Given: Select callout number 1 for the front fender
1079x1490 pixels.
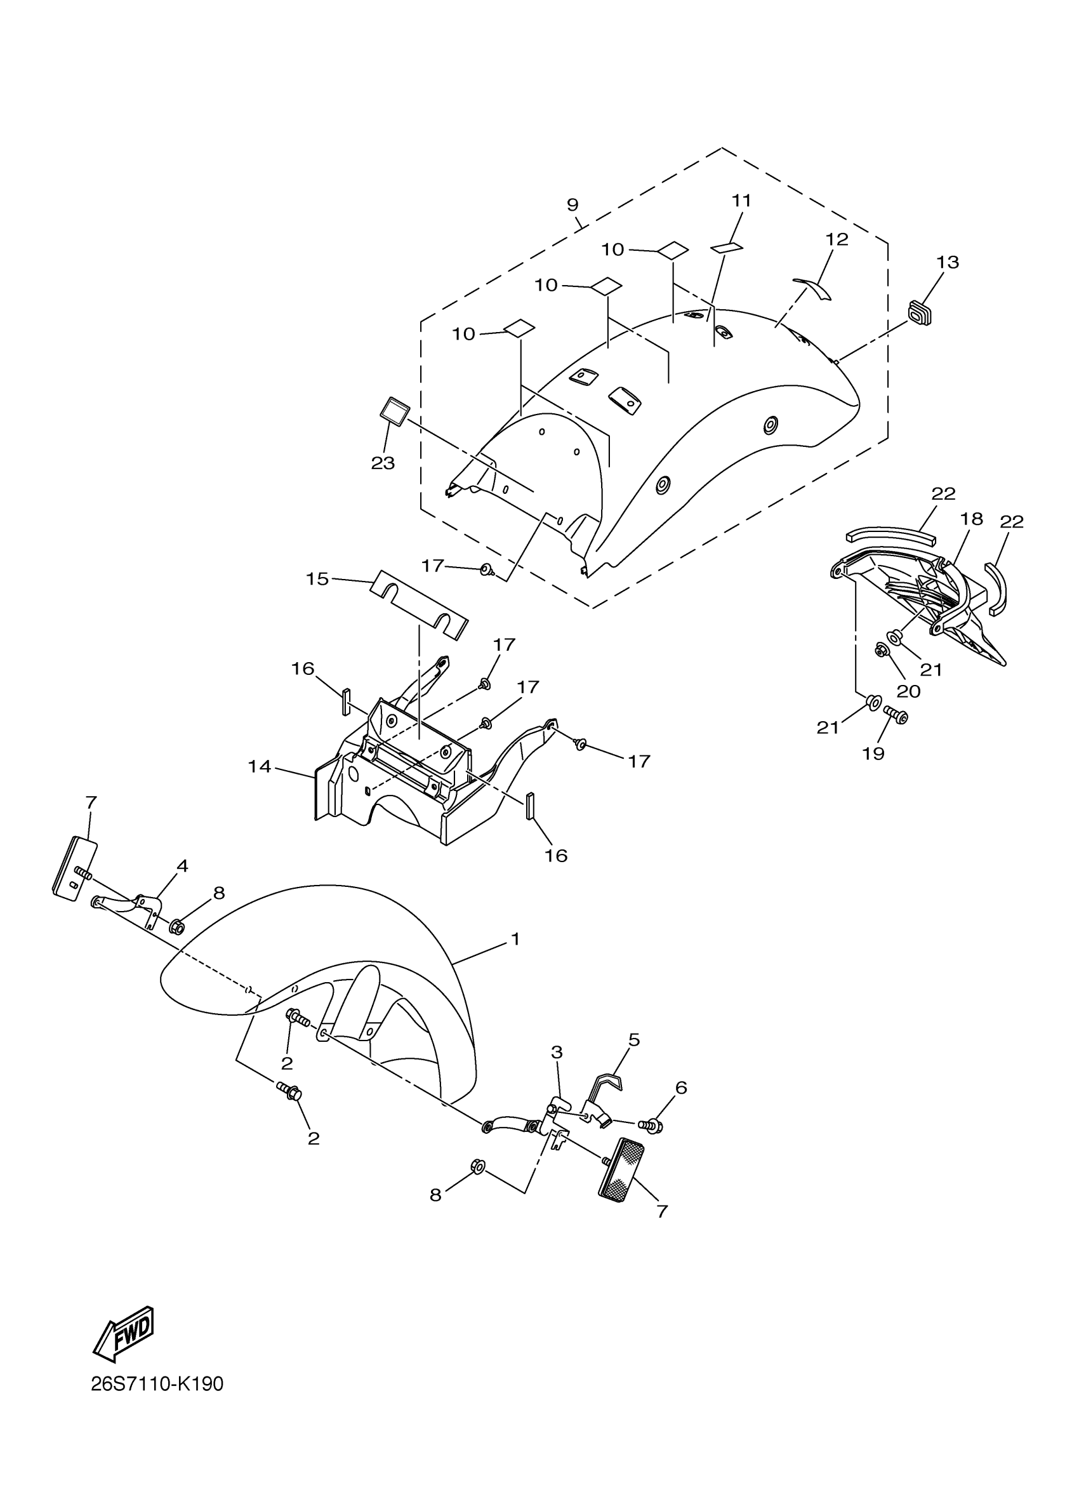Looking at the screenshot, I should click(x=515, y=940).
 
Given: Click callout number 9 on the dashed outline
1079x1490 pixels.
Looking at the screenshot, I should click(x=573, y=205).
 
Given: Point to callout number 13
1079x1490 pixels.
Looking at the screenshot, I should click(x=948, y=262).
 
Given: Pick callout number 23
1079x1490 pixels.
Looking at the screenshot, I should click(x=383, y=463).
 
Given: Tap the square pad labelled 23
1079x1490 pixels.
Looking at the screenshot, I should click(x=395, y=412).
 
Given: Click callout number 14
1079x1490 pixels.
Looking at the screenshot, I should click(x=260, y=766).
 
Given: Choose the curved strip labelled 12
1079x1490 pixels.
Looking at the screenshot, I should click(x=813, y=286).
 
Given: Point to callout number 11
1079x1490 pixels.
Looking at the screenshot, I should click(x=741, y=201).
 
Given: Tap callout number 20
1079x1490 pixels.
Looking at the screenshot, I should click(x=909, y=691).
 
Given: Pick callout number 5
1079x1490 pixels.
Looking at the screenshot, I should click(x=633, y=1040).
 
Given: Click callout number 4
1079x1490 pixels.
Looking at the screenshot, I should click(x=182, y=866).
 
